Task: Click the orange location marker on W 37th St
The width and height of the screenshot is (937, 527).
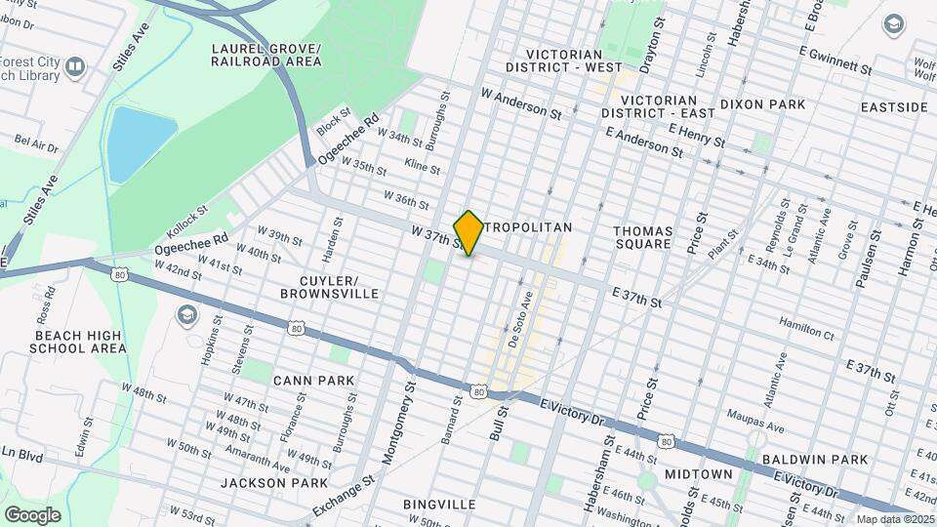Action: (468, 232)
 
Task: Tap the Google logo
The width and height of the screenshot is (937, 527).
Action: (32, 514)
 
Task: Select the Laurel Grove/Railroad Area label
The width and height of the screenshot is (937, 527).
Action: (265, 55)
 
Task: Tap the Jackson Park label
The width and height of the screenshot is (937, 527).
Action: (272, 483)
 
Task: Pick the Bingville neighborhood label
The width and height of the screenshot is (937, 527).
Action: (439, 505)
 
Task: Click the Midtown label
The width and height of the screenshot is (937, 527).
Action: (698, 473)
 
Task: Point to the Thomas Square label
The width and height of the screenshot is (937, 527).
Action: (642, 237)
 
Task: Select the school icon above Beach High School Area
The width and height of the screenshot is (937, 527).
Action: (185, 314)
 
